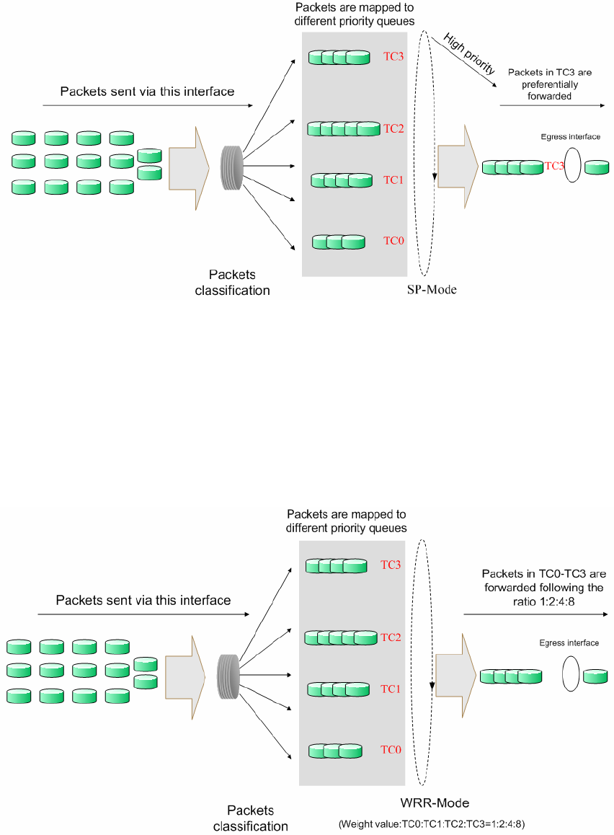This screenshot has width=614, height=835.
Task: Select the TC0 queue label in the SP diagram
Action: (x=393, y=241)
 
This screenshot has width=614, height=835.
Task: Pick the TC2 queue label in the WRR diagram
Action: (x=391, y=637)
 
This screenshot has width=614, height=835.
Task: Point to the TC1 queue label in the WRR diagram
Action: (x=391, y=689)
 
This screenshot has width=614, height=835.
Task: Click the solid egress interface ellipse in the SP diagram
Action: (x=574, y=166)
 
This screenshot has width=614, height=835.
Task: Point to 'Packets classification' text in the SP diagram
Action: (x=232, y=283)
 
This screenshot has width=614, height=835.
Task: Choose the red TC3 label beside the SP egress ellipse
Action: (x=553, y=167)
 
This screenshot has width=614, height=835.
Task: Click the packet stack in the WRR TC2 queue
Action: (x=341, y=637)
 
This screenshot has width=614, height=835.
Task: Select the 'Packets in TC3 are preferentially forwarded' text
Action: (x=551, y=84)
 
